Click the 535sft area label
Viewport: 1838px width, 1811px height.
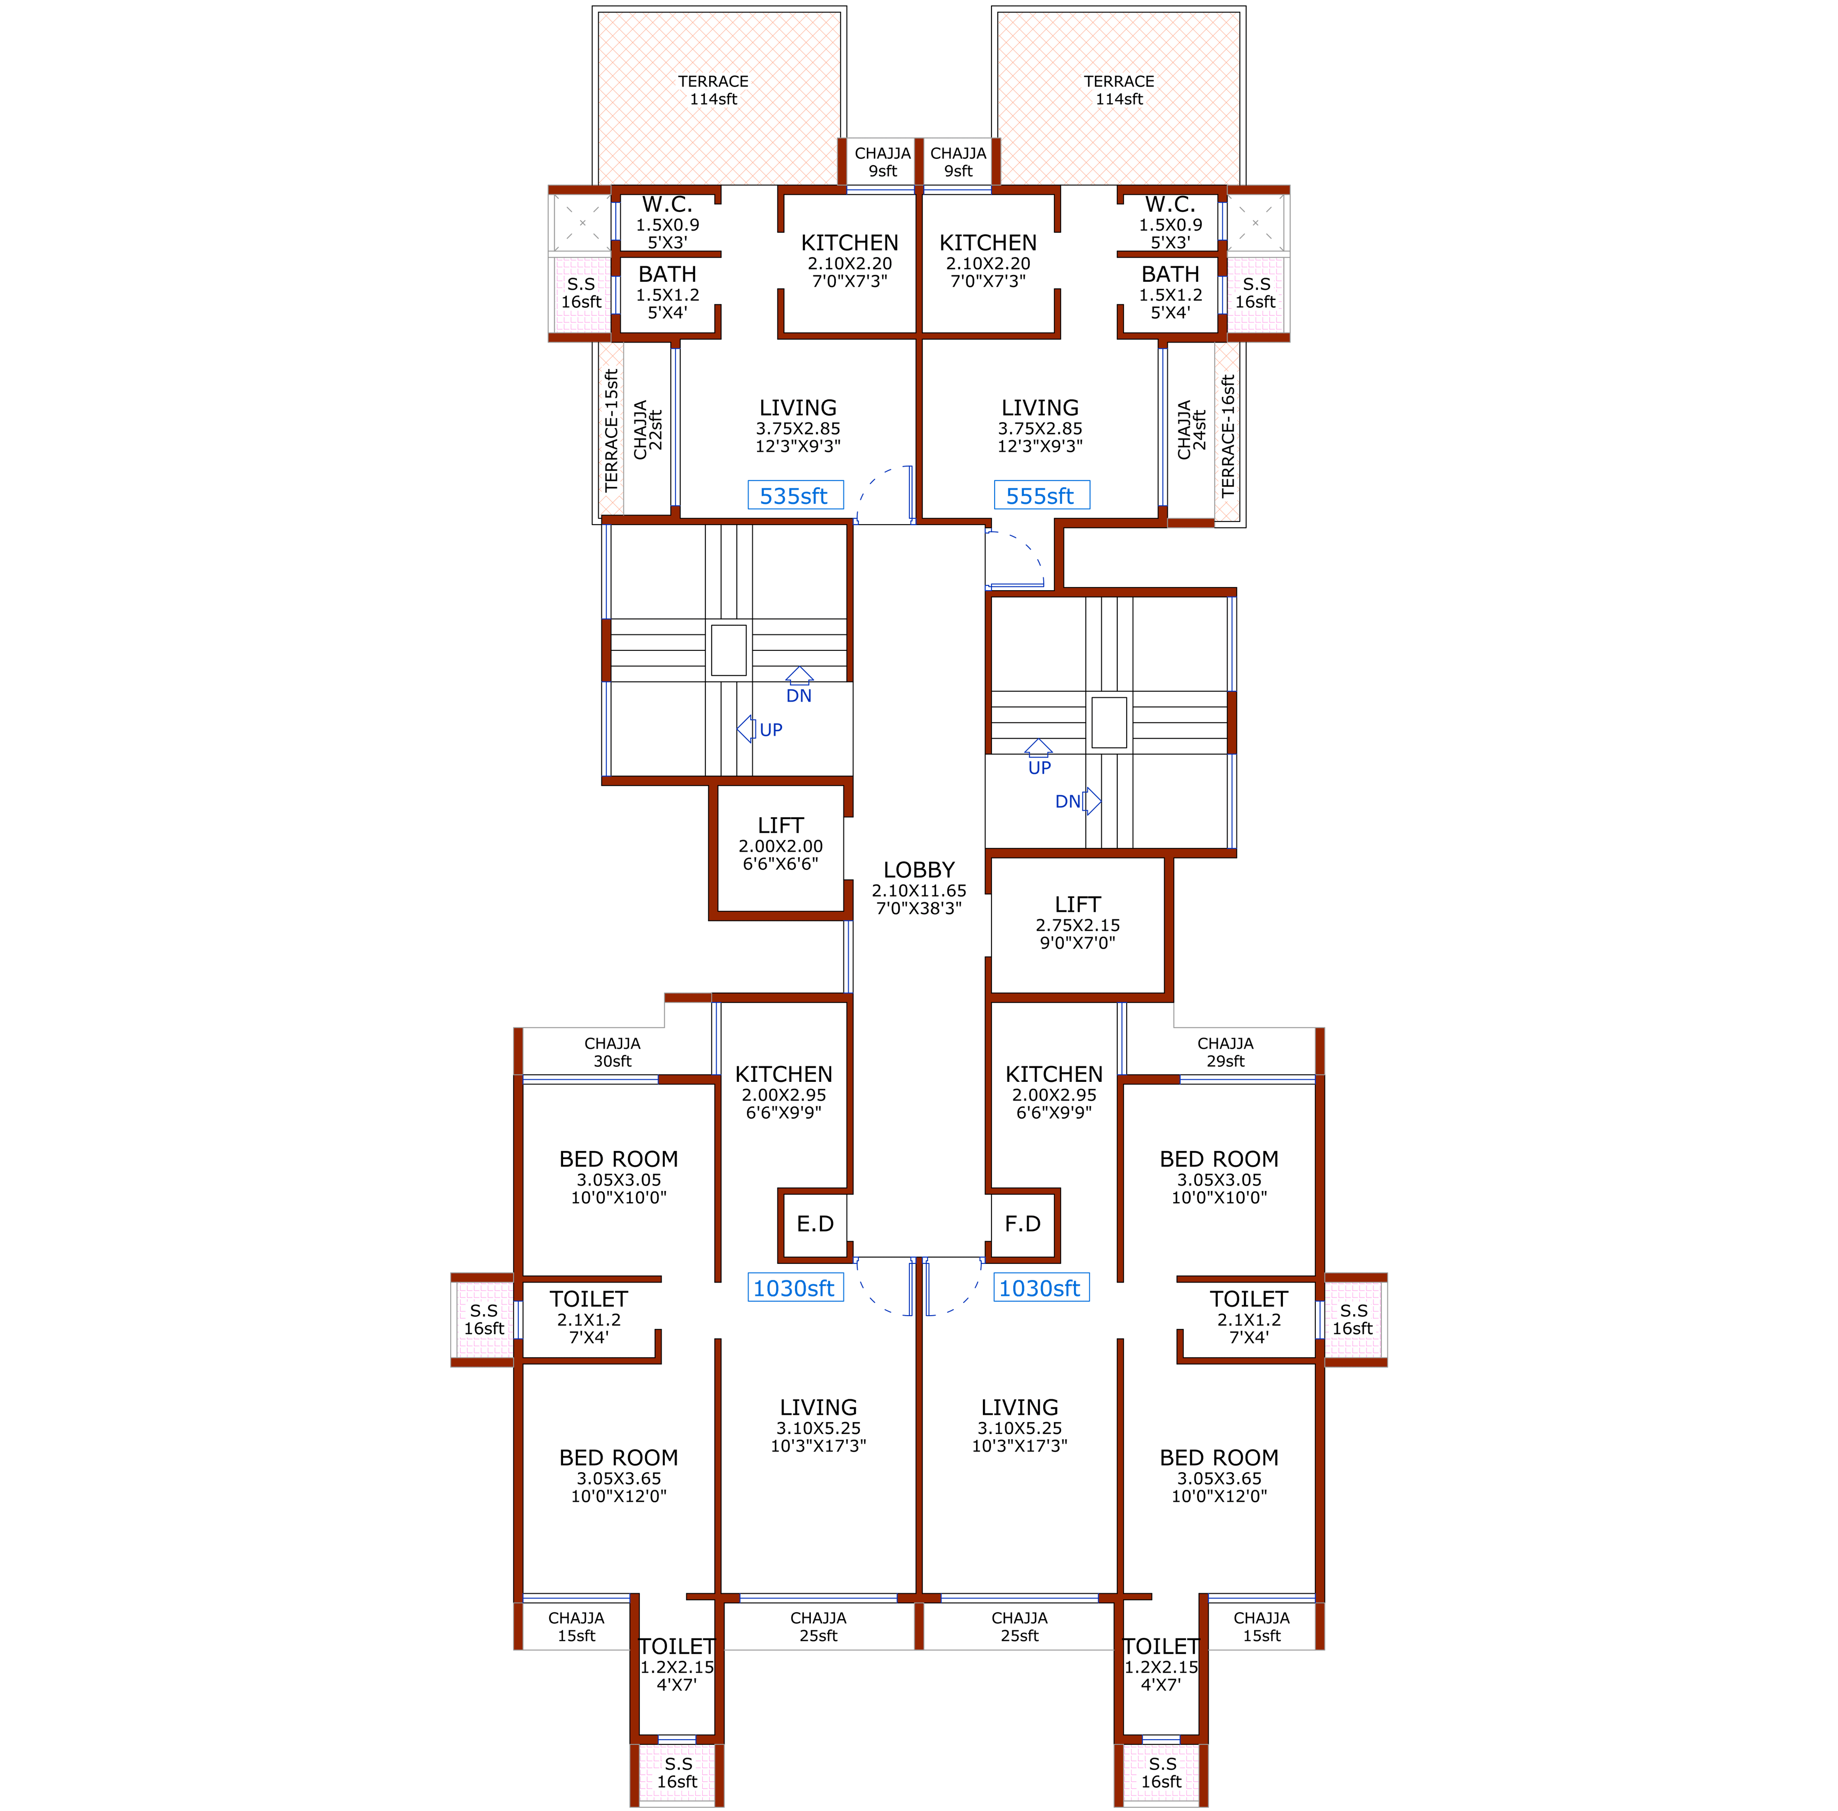click(x=794, y=495)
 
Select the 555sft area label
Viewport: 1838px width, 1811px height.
click(x=1041, y=495)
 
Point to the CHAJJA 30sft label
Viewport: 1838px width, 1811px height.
click(x=613, y=1052)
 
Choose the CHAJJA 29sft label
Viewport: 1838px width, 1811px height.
click(x=1225, y=1052)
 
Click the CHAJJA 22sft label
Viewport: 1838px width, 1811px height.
click(x=648, y=430)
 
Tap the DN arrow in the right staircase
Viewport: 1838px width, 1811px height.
click(x=1092, y=802)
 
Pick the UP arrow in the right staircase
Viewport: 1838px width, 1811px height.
click(x=1039, y=748)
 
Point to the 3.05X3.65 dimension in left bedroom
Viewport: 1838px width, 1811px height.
click(x=619, y=1478)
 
